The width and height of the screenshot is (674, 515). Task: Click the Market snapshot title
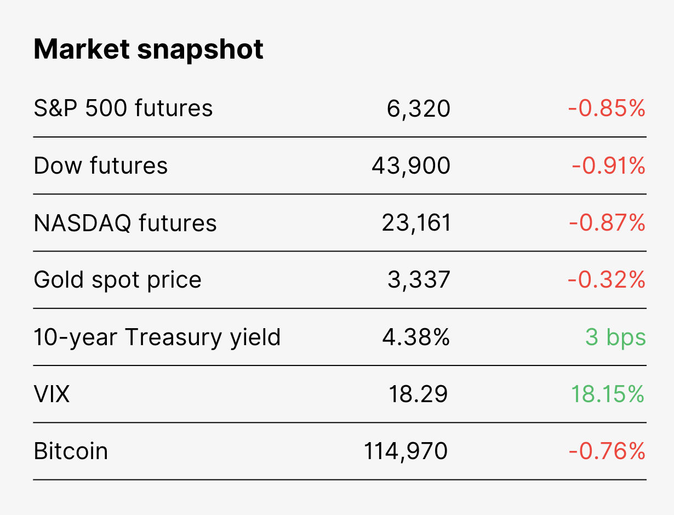pos(148,49)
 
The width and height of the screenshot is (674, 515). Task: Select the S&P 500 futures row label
pos(123,108)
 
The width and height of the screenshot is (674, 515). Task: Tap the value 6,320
pos(418,109)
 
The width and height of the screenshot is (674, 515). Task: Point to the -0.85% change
pos(607,108)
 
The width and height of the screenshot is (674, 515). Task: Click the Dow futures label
pos(101,165)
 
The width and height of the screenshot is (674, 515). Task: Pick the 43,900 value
pos(411,167)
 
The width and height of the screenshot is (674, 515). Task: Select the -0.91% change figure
pos(608,166)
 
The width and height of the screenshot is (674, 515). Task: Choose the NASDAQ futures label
pos(125,223)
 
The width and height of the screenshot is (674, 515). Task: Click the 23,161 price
pos(416,224)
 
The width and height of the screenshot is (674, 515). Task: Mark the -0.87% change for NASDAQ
pos(607,223)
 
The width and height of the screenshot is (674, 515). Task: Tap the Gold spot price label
pos(118,280)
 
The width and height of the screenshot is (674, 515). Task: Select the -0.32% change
pos(607,280)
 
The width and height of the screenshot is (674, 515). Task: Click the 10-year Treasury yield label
pos(157,337)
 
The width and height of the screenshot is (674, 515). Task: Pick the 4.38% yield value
pos(416,337)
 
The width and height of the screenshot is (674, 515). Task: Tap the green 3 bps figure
pos(616,337)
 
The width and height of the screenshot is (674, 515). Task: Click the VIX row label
pos(52,394)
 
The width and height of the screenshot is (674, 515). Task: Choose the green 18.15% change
pos(608,394)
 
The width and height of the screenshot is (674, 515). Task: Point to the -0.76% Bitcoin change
pos(607,451)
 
